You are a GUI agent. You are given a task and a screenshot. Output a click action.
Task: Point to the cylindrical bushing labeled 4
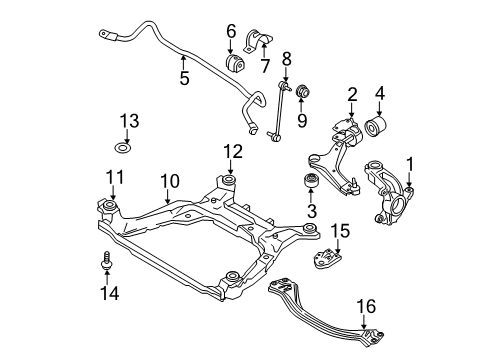pyautogui.click(x=380, y=128)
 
